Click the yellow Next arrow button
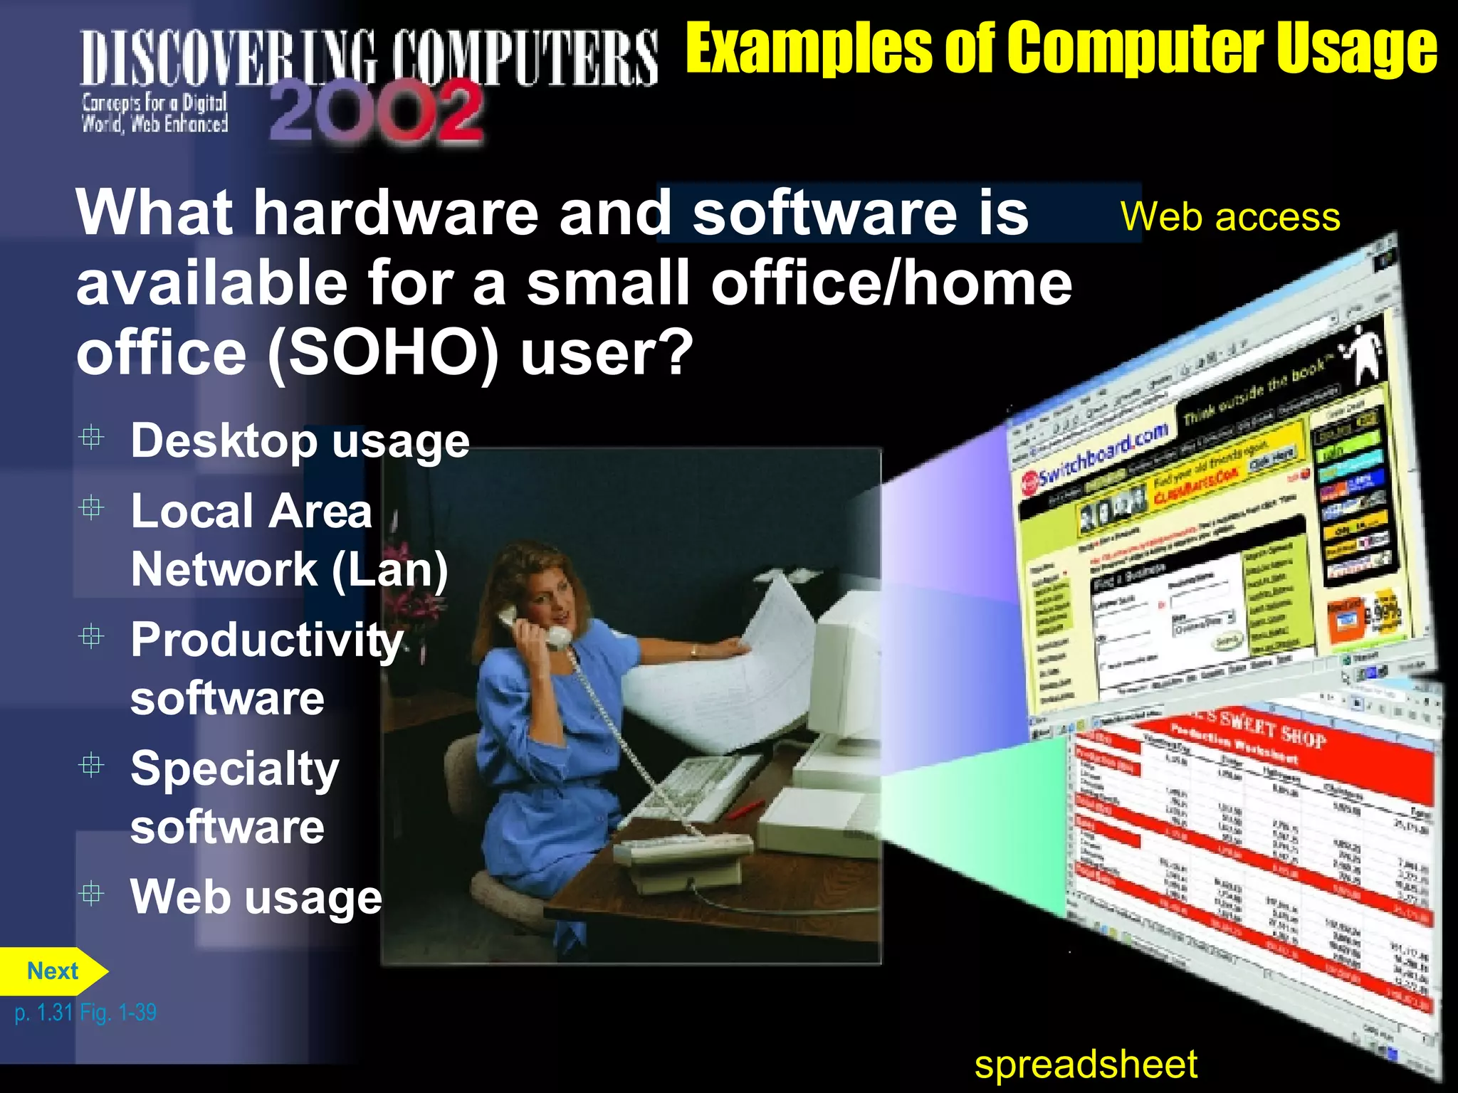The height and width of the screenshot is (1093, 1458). [53, 971]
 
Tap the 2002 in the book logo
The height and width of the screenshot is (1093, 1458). [377, 112]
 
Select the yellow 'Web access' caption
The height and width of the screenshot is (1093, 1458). [1230, 216]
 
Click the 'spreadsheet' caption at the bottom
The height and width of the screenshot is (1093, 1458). [1086, 1065]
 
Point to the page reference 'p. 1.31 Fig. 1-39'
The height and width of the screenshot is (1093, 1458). [85, 1012]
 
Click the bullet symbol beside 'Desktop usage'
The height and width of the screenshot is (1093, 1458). [92, 437]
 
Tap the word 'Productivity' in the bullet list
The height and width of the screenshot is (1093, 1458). [267, 640]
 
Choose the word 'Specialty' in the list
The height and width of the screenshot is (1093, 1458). [235, 769]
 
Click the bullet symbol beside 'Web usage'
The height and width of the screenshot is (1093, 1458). [92, 893]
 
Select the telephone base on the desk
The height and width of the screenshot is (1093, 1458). [683, 854]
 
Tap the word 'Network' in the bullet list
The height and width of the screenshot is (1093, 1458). [224, 569]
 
